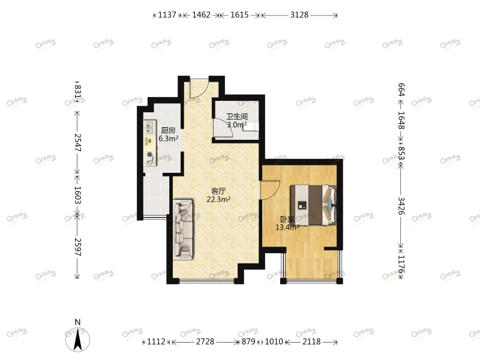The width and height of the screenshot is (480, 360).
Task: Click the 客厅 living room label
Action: (218, 191)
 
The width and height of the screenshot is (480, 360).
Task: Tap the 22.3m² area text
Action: (218, 200)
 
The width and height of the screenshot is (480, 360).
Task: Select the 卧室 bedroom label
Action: (287, 219)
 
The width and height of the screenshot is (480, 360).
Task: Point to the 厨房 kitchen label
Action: (168, 130)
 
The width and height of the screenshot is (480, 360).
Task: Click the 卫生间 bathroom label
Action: (236, 117)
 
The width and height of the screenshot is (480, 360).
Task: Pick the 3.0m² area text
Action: (236, 125)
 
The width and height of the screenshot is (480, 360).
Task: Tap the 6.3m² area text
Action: (168, 139)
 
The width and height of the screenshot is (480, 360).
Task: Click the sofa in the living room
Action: (184, 230)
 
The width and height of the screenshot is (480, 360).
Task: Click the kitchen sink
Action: (149, 128)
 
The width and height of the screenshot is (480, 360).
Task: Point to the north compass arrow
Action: (77, 338)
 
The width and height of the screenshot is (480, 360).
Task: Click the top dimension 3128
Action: (299, 15)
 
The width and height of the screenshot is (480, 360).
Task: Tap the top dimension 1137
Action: (167, 15)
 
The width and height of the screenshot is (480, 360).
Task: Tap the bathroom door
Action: (224, 130)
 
